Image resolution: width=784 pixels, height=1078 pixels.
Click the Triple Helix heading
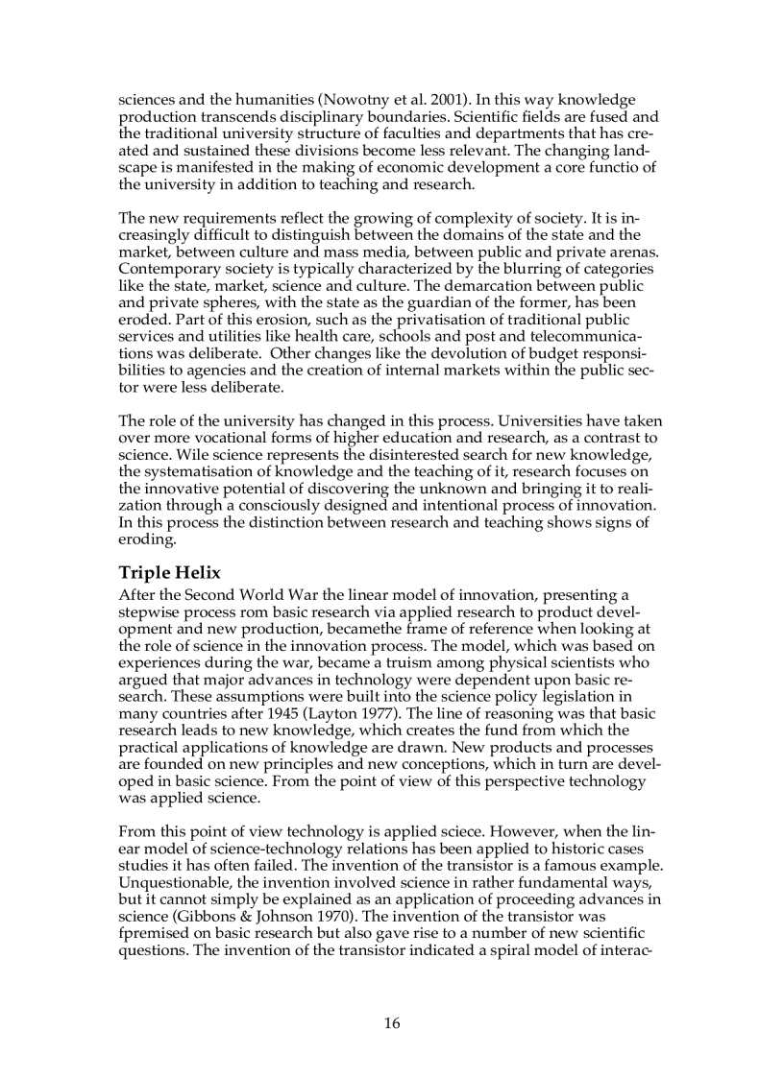click(169, 573)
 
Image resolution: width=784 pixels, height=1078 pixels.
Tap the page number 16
click(392, 1023)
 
